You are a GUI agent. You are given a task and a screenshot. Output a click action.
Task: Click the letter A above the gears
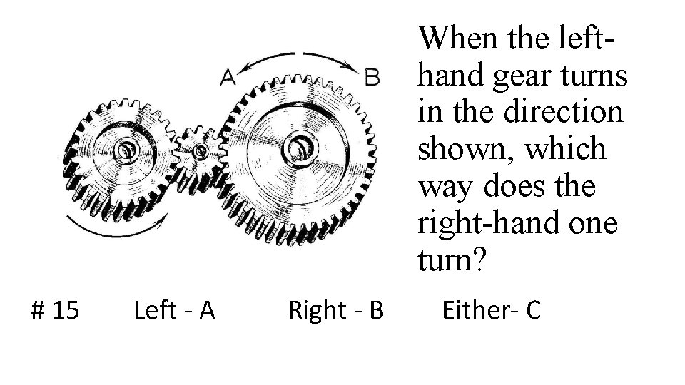(x=228, y=76)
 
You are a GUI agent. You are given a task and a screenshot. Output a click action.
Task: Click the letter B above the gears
(x=372, y=76)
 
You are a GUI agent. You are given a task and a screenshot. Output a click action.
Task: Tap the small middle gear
(x=199, y=150)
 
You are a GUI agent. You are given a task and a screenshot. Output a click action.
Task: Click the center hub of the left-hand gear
(x=126, y=150)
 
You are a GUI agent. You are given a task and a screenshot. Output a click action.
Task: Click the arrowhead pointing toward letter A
(x=245, y=68)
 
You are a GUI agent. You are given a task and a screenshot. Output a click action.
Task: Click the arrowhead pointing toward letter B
(x=355, y=68)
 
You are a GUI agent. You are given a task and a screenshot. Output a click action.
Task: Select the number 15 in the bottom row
(x=66, y=311)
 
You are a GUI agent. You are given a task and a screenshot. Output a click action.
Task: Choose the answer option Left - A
(x=174, y=311)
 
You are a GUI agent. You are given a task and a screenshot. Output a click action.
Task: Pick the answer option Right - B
(x=335, y=311)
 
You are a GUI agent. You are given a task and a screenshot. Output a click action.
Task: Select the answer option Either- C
(x=492, y=311)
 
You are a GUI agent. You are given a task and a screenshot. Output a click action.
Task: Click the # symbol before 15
(x=41, y=311)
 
